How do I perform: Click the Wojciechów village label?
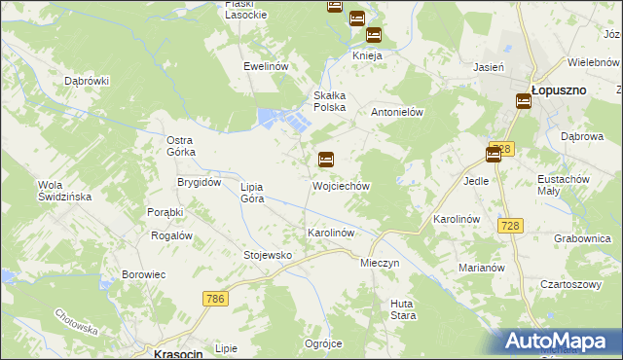[340, 185]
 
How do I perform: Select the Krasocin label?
[177, 354]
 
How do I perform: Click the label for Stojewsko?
[268, 255]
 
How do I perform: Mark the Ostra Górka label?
[180, 146]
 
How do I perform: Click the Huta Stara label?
[403, 309]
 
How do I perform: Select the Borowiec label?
[144, 275]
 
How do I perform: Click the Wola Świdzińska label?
[63, 191]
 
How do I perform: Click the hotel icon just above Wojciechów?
[326, 160]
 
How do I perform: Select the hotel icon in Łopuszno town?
[524, 100]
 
